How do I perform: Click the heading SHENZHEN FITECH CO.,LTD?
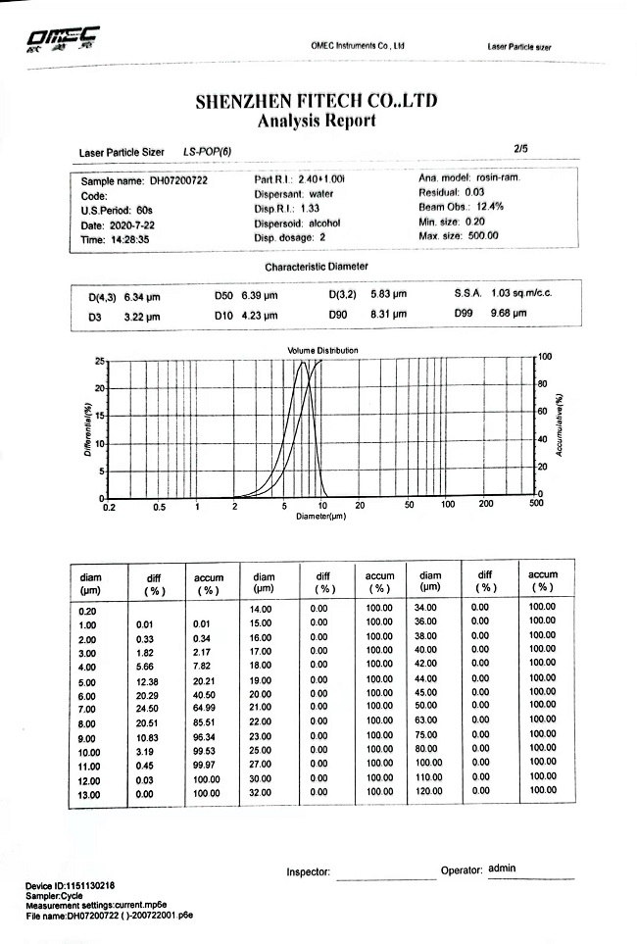coord(316,101)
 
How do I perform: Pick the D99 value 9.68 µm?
coord(509,314)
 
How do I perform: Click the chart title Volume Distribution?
coord(322,350)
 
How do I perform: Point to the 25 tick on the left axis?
coord(99,361)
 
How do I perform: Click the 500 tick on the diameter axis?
coord(535,503)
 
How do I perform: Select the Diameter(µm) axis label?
coord(321,515)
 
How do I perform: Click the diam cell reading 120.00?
coord(430,790)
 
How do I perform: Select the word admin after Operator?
coord(502,868)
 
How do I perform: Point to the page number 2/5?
coord(520,148)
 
